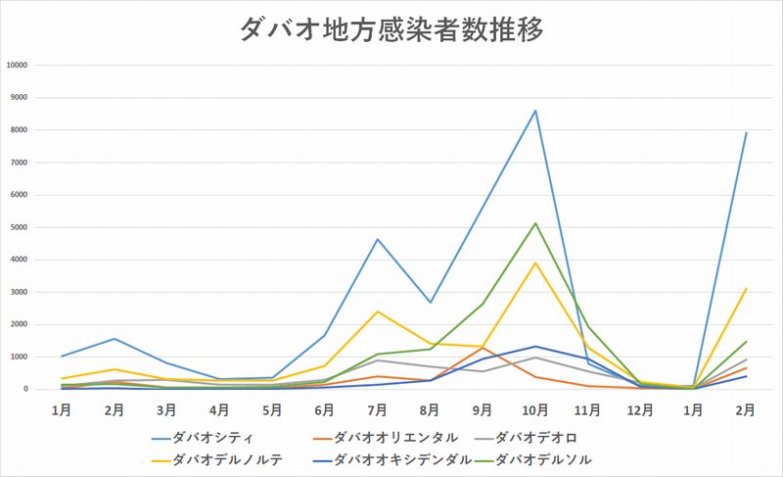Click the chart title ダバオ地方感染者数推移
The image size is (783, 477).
[x=391, y=28]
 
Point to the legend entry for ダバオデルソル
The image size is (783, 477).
[x=544, y=457]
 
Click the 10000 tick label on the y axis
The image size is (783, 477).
[x=17, y=66]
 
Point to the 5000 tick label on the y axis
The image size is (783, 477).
[x=19, y=227]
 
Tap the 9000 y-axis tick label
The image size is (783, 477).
[x=19, y=98]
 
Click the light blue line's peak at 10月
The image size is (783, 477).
[x=535, y=110]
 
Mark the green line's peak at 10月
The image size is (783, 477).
[x=535, y=223]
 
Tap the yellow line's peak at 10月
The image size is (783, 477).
[x=535, y=262]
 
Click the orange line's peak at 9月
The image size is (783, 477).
[x=483, y=348]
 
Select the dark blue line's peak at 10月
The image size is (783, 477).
[x=535, y=346]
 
